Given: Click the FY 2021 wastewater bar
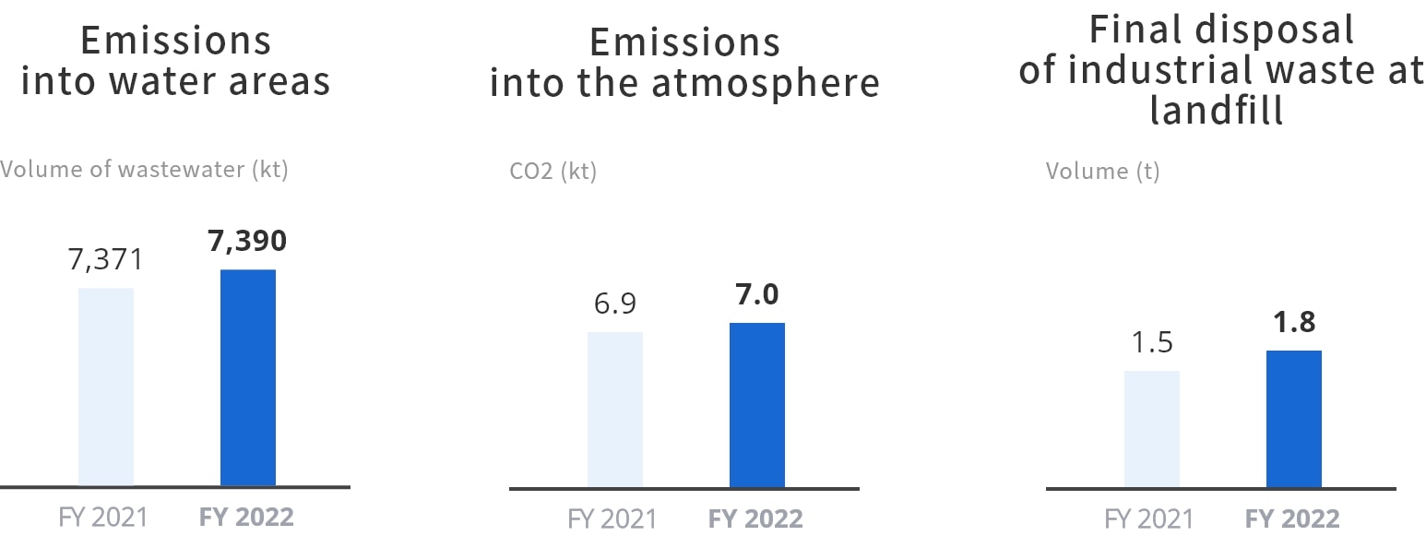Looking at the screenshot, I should click(x=106, y=387).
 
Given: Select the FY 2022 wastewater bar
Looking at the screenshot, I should click(x=248, y=377).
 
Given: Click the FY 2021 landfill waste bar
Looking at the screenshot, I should click(x=1151, y=428).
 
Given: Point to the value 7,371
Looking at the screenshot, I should click(x=106, y=259).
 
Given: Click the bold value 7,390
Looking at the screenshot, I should click(x=247, y=241).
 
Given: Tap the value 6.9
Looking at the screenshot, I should click(x=614, y=304).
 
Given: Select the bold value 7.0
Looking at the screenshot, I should click(x=756, y=294).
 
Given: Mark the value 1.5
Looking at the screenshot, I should click(x=1151, y=342).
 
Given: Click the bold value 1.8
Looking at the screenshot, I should click(x=1293, y=322).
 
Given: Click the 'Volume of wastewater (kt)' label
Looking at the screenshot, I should click(x=144, y=170).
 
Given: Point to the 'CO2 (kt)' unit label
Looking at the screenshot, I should click(x=553, y=172).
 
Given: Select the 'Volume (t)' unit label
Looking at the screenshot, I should click(x=1102, y=172).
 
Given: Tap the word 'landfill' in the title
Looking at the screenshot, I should click(x=1217, y=111).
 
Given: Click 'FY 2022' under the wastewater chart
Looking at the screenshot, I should click(x=246, y=517).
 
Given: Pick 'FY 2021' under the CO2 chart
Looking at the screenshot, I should click(x=612, y=518).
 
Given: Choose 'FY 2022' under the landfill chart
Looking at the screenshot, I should click(x=1291, y=518).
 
